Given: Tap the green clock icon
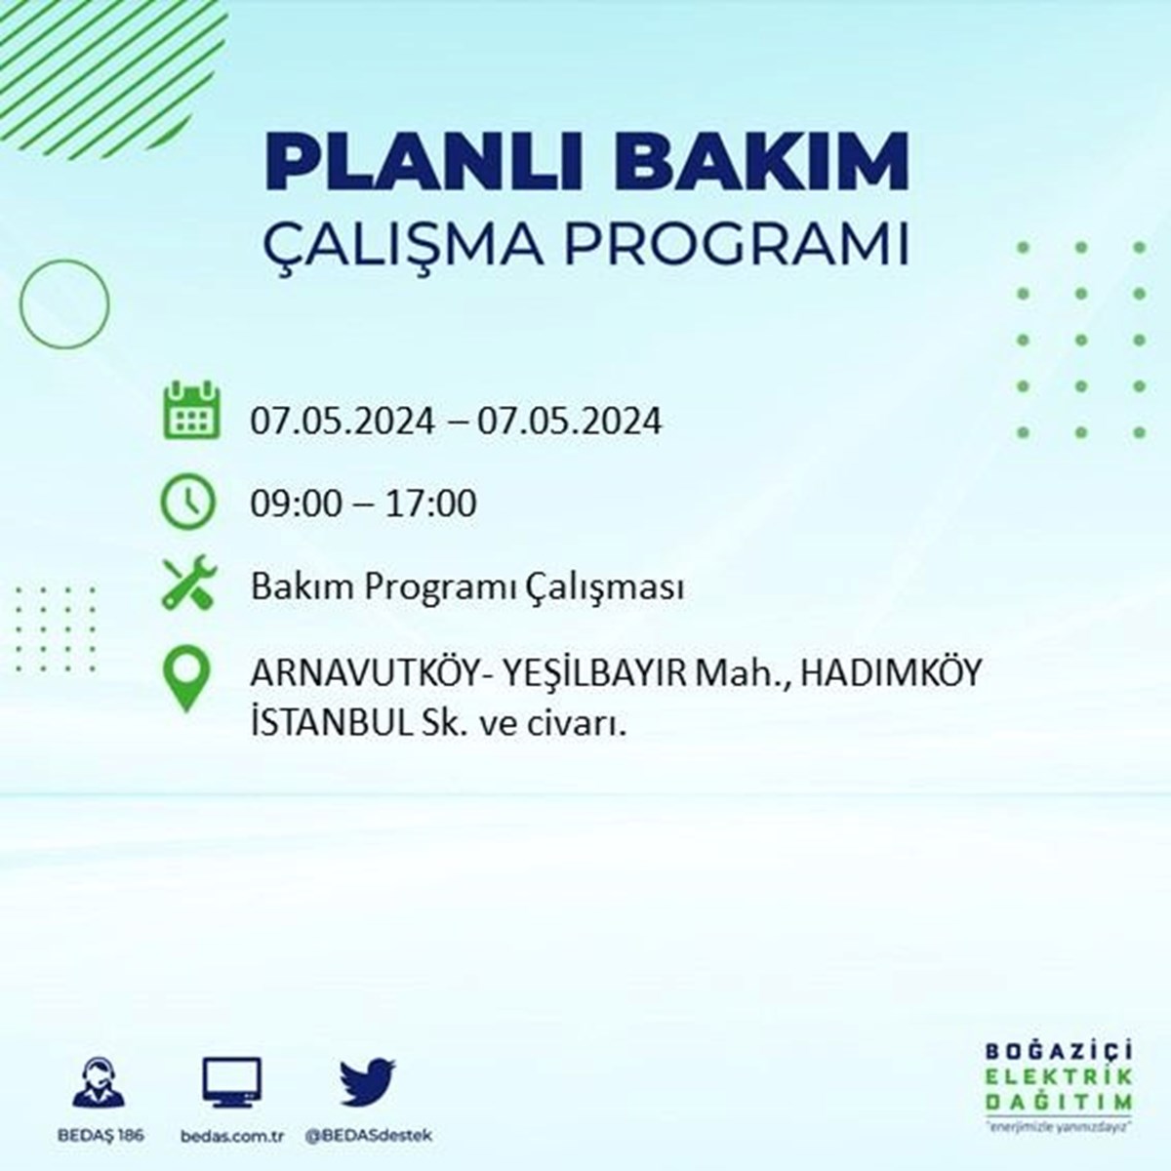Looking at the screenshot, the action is pos(187,502).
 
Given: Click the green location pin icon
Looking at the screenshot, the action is pos(186,680).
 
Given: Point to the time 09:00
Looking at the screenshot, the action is pos(296,505).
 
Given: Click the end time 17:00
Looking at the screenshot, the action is pos(431,505).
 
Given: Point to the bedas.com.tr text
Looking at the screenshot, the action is pos(232,1136).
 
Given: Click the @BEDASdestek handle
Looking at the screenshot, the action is pos(369,1136).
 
